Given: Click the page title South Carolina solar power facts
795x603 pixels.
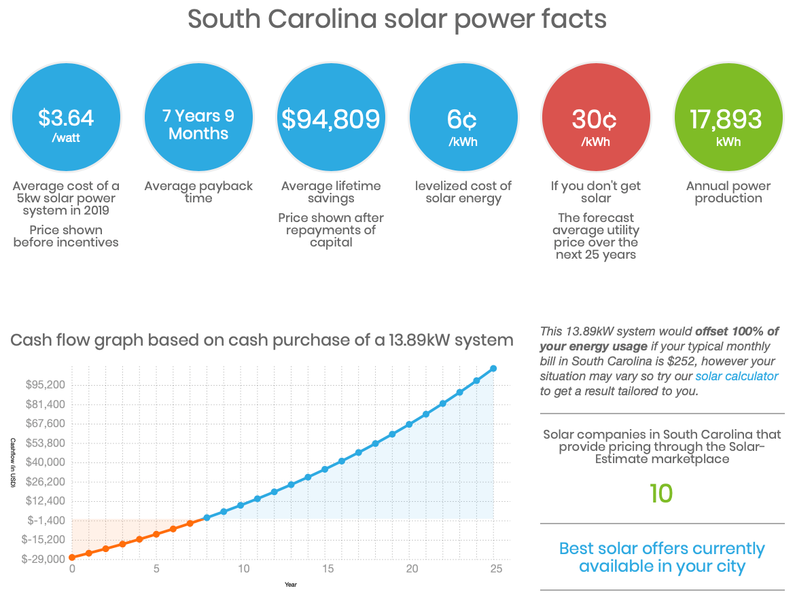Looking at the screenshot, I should coord(397,19).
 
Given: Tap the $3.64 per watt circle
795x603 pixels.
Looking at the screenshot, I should coord(66,118).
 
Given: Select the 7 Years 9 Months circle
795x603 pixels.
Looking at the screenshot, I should coord(198,118).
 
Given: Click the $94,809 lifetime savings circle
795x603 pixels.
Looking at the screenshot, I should coord(331,118).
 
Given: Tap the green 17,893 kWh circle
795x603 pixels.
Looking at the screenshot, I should coord(726,118).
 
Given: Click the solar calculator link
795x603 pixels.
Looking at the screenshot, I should coord(736,376).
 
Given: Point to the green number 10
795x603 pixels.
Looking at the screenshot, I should coord(661,494).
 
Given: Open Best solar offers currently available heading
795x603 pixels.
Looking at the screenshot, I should coord(662,557).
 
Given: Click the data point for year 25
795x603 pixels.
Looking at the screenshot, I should coord(493,369).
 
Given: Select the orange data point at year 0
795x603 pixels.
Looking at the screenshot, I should coord(72,558).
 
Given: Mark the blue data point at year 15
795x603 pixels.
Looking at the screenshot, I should coord(325,469).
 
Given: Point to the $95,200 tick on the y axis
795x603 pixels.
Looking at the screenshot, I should coord(45,385).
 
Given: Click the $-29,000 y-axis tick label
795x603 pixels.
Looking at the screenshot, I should coord(43,559).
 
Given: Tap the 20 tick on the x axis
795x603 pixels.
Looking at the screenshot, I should coord(410,569).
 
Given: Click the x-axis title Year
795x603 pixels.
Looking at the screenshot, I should coord(291,584).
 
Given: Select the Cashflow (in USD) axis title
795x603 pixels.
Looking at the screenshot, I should coord(12,462).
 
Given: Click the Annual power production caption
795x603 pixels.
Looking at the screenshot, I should coord(728,192).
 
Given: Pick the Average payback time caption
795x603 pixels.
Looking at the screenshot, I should coord(198,192).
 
